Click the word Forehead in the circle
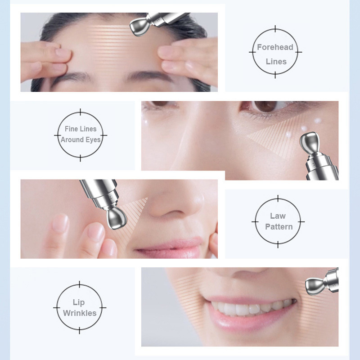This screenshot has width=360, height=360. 275,47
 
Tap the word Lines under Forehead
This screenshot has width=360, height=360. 276,62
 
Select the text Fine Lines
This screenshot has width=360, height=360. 81,129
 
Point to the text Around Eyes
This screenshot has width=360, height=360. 81,139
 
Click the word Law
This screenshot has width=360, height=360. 278,216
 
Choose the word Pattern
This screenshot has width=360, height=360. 279,227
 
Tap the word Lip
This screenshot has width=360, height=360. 78,302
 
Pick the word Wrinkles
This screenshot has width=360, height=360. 80,313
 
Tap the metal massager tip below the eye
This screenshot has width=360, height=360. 309,142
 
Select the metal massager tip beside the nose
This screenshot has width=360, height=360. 117,218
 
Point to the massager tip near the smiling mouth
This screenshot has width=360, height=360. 315,286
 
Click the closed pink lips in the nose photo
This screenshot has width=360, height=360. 170,248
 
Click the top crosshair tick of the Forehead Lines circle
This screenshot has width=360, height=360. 275,29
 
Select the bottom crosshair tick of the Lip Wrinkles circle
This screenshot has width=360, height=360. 80,330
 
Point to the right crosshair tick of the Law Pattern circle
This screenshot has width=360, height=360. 301,222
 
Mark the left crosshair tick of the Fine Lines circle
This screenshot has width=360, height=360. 58,135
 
